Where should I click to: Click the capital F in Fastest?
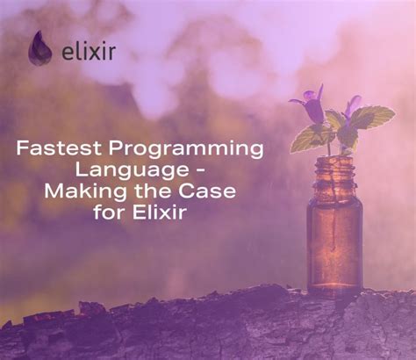point(22,148)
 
